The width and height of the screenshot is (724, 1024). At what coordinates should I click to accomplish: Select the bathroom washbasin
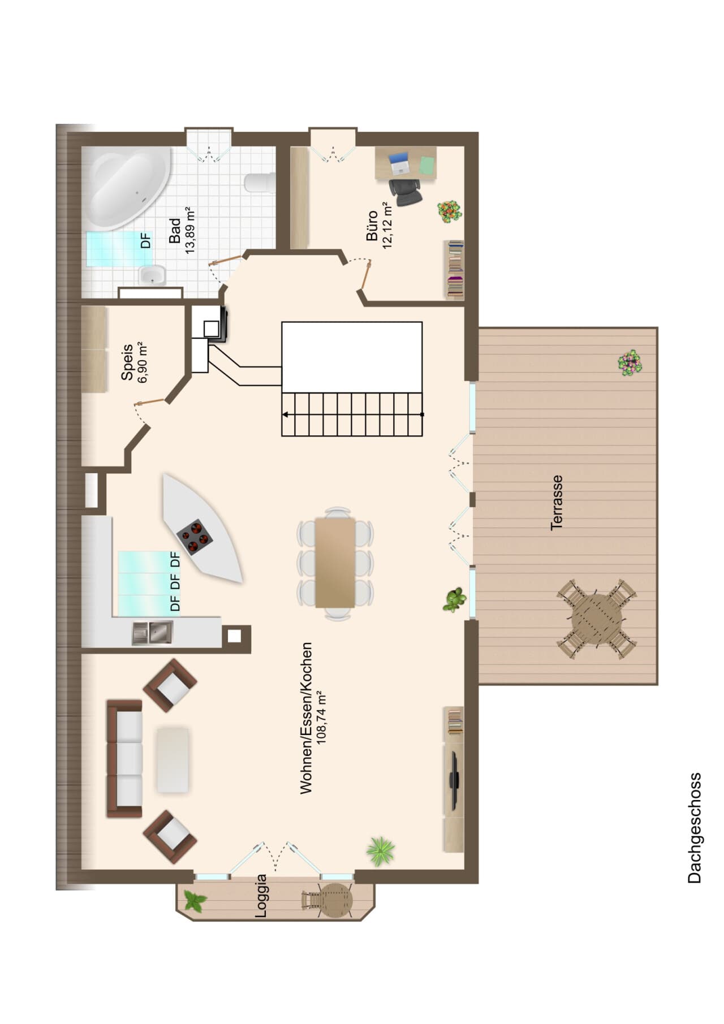coord(152,275)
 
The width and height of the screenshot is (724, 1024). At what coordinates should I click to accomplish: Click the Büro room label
coord(372,226)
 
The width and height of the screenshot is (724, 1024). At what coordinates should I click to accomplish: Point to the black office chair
coord(406,192)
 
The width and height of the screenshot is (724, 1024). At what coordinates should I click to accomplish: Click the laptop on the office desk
coord(399,163)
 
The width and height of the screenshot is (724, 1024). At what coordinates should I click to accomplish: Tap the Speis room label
coord(127,362)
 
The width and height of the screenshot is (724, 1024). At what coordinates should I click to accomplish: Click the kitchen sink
coord(153,633)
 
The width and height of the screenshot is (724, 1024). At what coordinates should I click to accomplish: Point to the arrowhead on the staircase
coord(285,414)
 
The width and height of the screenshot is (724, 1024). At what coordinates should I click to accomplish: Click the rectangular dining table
coord(335,562)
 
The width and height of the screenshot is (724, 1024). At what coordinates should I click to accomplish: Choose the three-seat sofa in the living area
coord(124,758)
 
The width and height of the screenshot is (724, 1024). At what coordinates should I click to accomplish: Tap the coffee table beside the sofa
coord(173,759)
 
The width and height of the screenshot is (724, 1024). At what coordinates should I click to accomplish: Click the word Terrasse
coord(557,502)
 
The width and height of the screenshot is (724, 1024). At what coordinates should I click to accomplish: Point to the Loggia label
coord(261,896)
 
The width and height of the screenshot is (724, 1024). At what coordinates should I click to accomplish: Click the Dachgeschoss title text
coord(695,828)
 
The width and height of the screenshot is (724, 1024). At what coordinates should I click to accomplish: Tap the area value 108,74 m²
coord(321,718)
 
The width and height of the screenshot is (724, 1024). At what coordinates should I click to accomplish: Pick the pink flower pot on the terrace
coord(630,362)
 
